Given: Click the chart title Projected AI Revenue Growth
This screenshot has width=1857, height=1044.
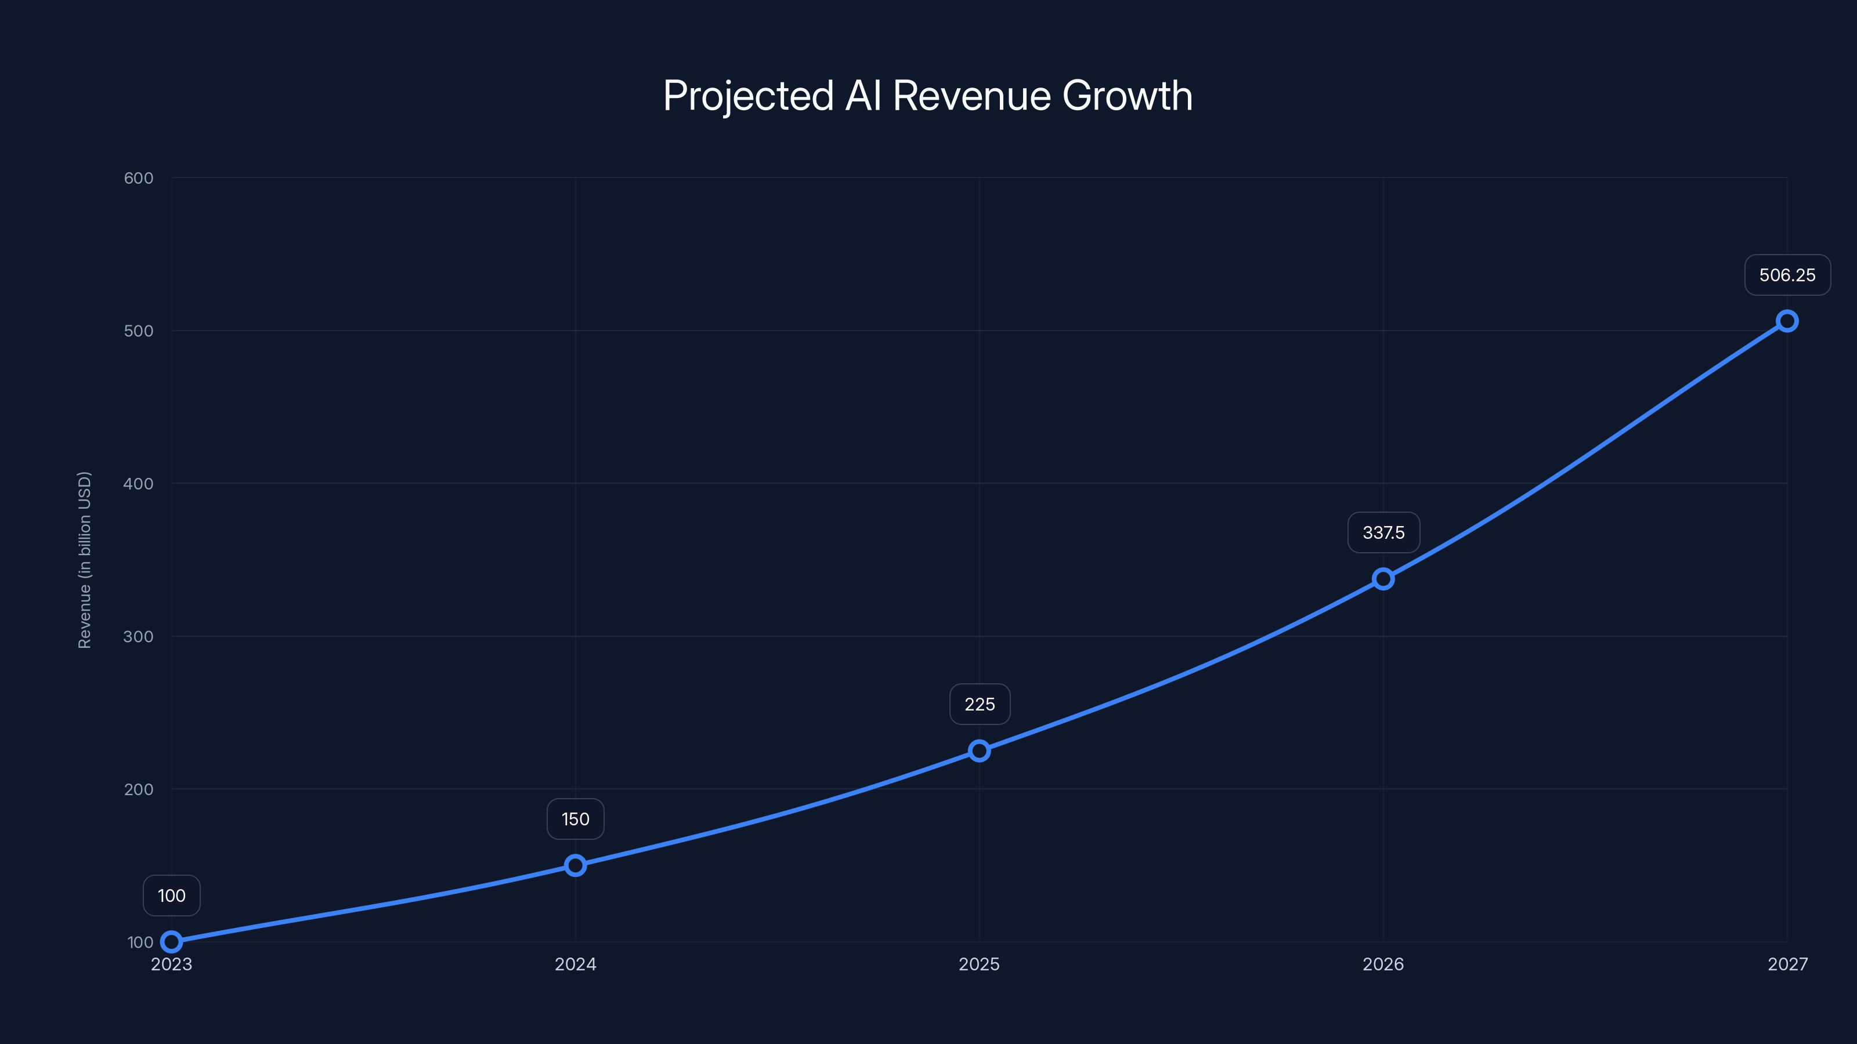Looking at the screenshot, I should coord(928,96).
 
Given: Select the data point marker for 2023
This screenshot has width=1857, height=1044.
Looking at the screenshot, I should coord(172,942).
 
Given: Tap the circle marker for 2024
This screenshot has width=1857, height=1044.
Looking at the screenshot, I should coord(575,865).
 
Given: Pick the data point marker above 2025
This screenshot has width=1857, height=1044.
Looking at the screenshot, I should coord(979,751).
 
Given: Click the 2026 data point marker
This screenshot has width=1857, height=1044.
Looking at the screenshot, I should coord(1383,579).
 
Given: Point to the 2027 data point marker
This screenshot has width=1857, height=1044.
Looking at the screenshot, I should coord(1786,321).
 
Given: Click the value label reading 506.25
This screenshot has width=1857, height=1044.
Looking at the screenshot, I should coord(1787,275).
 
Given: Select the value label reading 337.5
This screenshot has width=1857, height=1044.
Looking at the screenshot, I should coord(1383,533).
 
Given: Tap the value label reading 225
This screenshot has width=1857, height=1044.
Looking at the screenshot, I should coord(980,705).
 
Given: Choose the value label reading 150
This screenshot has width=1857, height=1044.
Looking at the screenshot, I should coord(575,819).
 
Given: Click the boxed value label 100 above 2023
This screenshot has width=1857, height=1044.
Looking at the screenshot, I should coord(172,896).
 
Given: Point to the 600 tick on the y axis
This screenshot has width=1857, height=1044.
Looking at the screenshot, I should coord(139,178).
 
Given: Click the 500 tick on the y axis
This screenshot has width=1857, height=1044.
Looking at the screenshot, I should coord(139,331).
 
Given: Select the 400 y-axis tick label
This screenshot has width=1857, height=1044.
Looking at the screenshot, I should coord(139,484).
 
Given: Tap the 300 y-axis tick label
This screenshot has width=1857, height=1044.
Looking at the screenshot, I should coord(139,637).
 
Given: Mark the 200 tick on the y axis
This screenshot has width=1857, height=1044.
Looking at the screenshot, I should coord(139,789).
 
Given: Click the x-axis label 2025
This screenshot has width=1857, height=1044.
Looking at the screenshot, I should coord(979,965).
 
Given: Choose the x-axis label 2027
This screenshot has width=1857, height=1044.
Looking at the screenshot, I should coord(1787,965).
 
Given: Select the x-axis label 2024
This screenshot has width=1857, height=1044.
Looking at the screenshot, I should coord(575,965).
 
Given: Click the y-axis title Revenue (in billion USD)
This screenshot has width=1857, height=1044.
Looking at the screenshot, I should coord(84,560).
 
